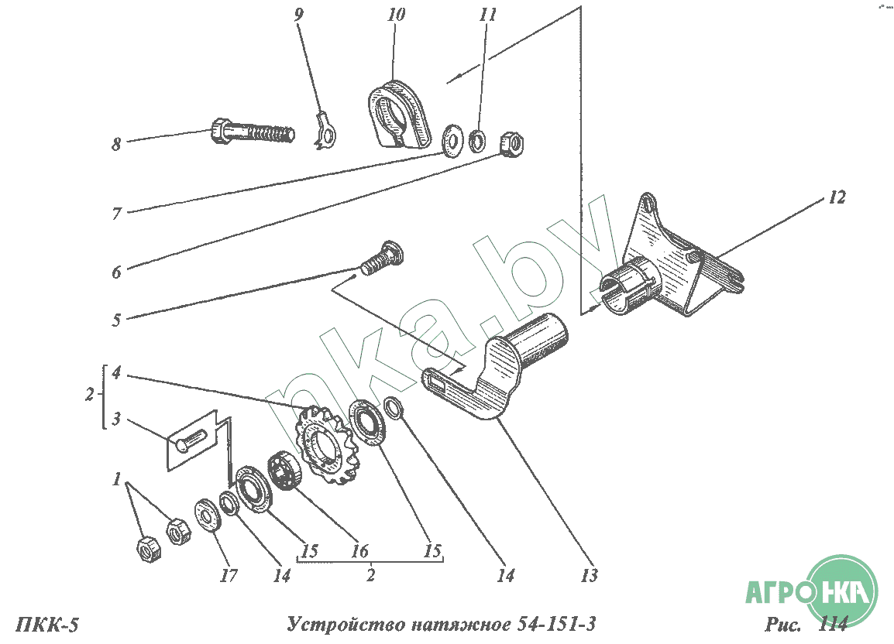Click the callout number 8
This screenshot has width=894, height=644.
[x=116, y=144]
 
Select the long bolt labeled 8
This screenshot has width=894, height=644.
[x=252, y=132]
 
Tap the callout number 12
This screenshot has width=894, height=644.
[x=837, y=197]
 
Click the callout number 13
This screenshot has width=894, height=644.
[x=590, y=575]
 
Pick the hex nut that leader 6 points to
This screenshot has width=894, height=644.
[x=510, y=142]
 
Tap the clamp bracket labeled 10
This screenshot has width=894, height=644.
[x=398, y=115]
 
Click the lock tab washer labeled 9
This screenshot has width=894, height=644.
[x=326, y=132]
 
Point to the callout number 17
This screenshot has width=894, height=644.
[x=228, y=575]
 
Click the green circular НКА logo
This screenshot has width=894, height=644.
[x=841, y=593]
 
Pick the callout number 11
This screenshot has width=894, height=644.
[x=488, y=15]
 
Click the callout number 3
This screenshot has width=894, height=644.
[x=116, y=420]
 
